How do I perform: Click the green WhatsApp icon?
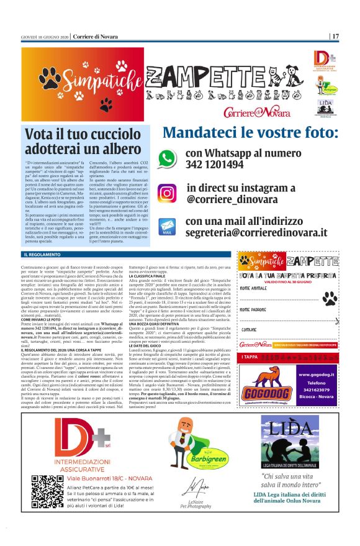click(166, 158)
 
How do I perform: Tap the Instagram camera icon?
click(166, 193)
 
